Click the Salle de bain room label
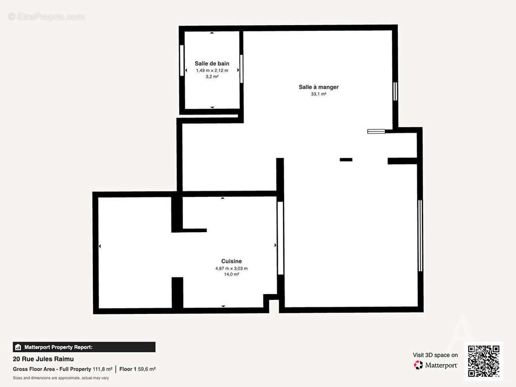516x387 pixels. point(212,63)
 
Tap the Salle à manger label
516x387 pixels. point(319,87)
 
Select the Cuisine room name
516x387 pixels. point(231,261)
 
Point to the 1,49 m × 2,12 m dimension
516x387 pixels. point(212,70)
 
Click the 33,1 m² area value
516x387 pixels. point(319,94)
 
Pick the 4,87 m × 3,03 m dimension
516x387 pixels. point(231,268)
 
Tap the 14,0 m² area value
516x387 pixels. point(231,274)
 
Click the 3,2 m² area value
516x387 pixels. point(212,76)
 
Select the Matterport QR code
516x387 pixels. point(484,361)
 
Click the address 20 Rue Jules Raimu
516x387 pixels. point(43,359)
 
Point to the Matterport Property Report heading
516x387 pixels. point(58,347)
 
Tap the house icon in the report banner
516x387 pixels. point(18,347)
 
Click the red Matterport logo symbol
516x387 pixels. point(418,365)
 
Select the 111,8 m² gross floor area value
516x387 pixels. point(102,369)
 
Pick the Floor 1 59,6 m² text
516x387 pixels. point(137,369)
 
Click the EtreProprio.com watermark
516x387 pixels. point(46,16)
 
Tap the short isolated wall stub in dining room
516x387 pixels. point(346,160)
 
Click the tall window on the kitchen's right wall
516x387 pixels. point(280,238)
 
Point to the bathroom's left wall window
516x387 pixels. point(182,60)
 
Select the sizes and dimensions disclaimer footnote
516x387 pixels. point(61,378)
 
